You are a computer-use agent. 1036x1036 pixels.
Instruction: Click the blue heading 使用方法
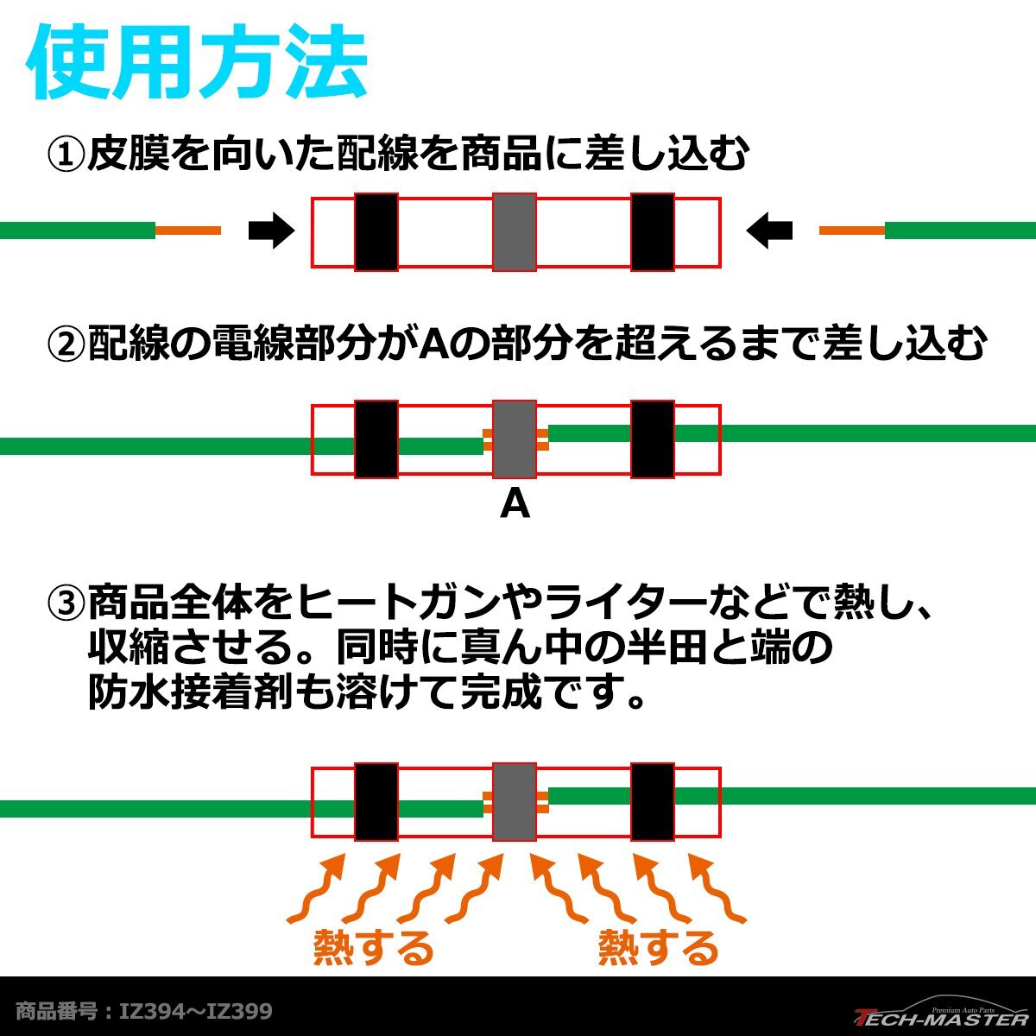point(197,62)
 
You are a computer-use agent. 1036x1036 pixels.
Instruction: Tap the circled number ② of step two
point(66,342)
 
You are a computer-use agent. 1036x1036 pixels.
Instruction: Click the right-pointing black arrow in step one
point(271,231)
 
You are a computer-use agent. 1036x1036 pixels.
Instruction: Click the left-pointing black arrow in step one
point(769,231)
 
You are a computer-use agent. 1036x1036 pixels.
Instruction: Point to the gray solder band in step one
point(515,231)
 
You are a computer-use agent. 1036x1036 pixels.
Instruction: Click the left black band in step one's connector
point(376,231)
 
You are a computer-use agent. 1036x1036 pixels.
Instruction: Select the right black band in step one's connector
point(653,231)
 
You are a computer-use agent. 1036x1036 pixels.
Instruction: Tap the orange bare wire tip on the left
point(188,231)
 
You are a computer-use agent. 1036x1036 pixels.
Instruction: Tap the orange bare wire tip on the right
point(852,231)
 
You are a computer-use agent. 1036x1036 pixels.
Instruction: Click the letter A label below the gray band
point(515,504)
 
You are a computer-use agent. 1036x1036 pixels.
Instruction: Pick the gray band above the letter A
point(515,439)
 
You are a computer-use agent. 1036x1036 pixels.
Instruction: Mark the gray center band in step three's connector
point(515,801)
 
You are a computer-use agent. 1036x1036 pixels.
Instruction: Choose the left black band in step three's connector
point(376,801)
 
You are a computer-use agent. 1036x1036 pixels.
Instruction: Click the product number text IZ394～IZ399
point(196,1011)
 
